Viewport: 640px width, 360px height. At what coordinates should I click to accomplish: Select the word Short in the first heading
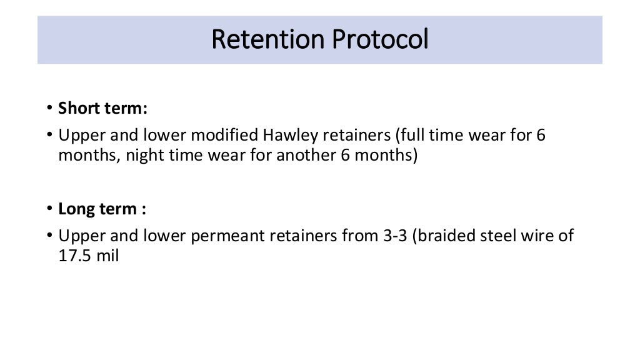[x=76, y=108]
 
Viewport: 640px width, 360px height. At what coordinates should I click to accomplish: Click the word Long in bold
[x=74, y=209]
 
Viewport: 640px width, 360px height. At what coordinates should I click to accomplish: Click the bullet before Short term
[x=50, y=109]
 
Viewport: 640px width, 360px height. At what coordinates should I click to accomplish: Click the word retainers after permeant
[x=305, y=236]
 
